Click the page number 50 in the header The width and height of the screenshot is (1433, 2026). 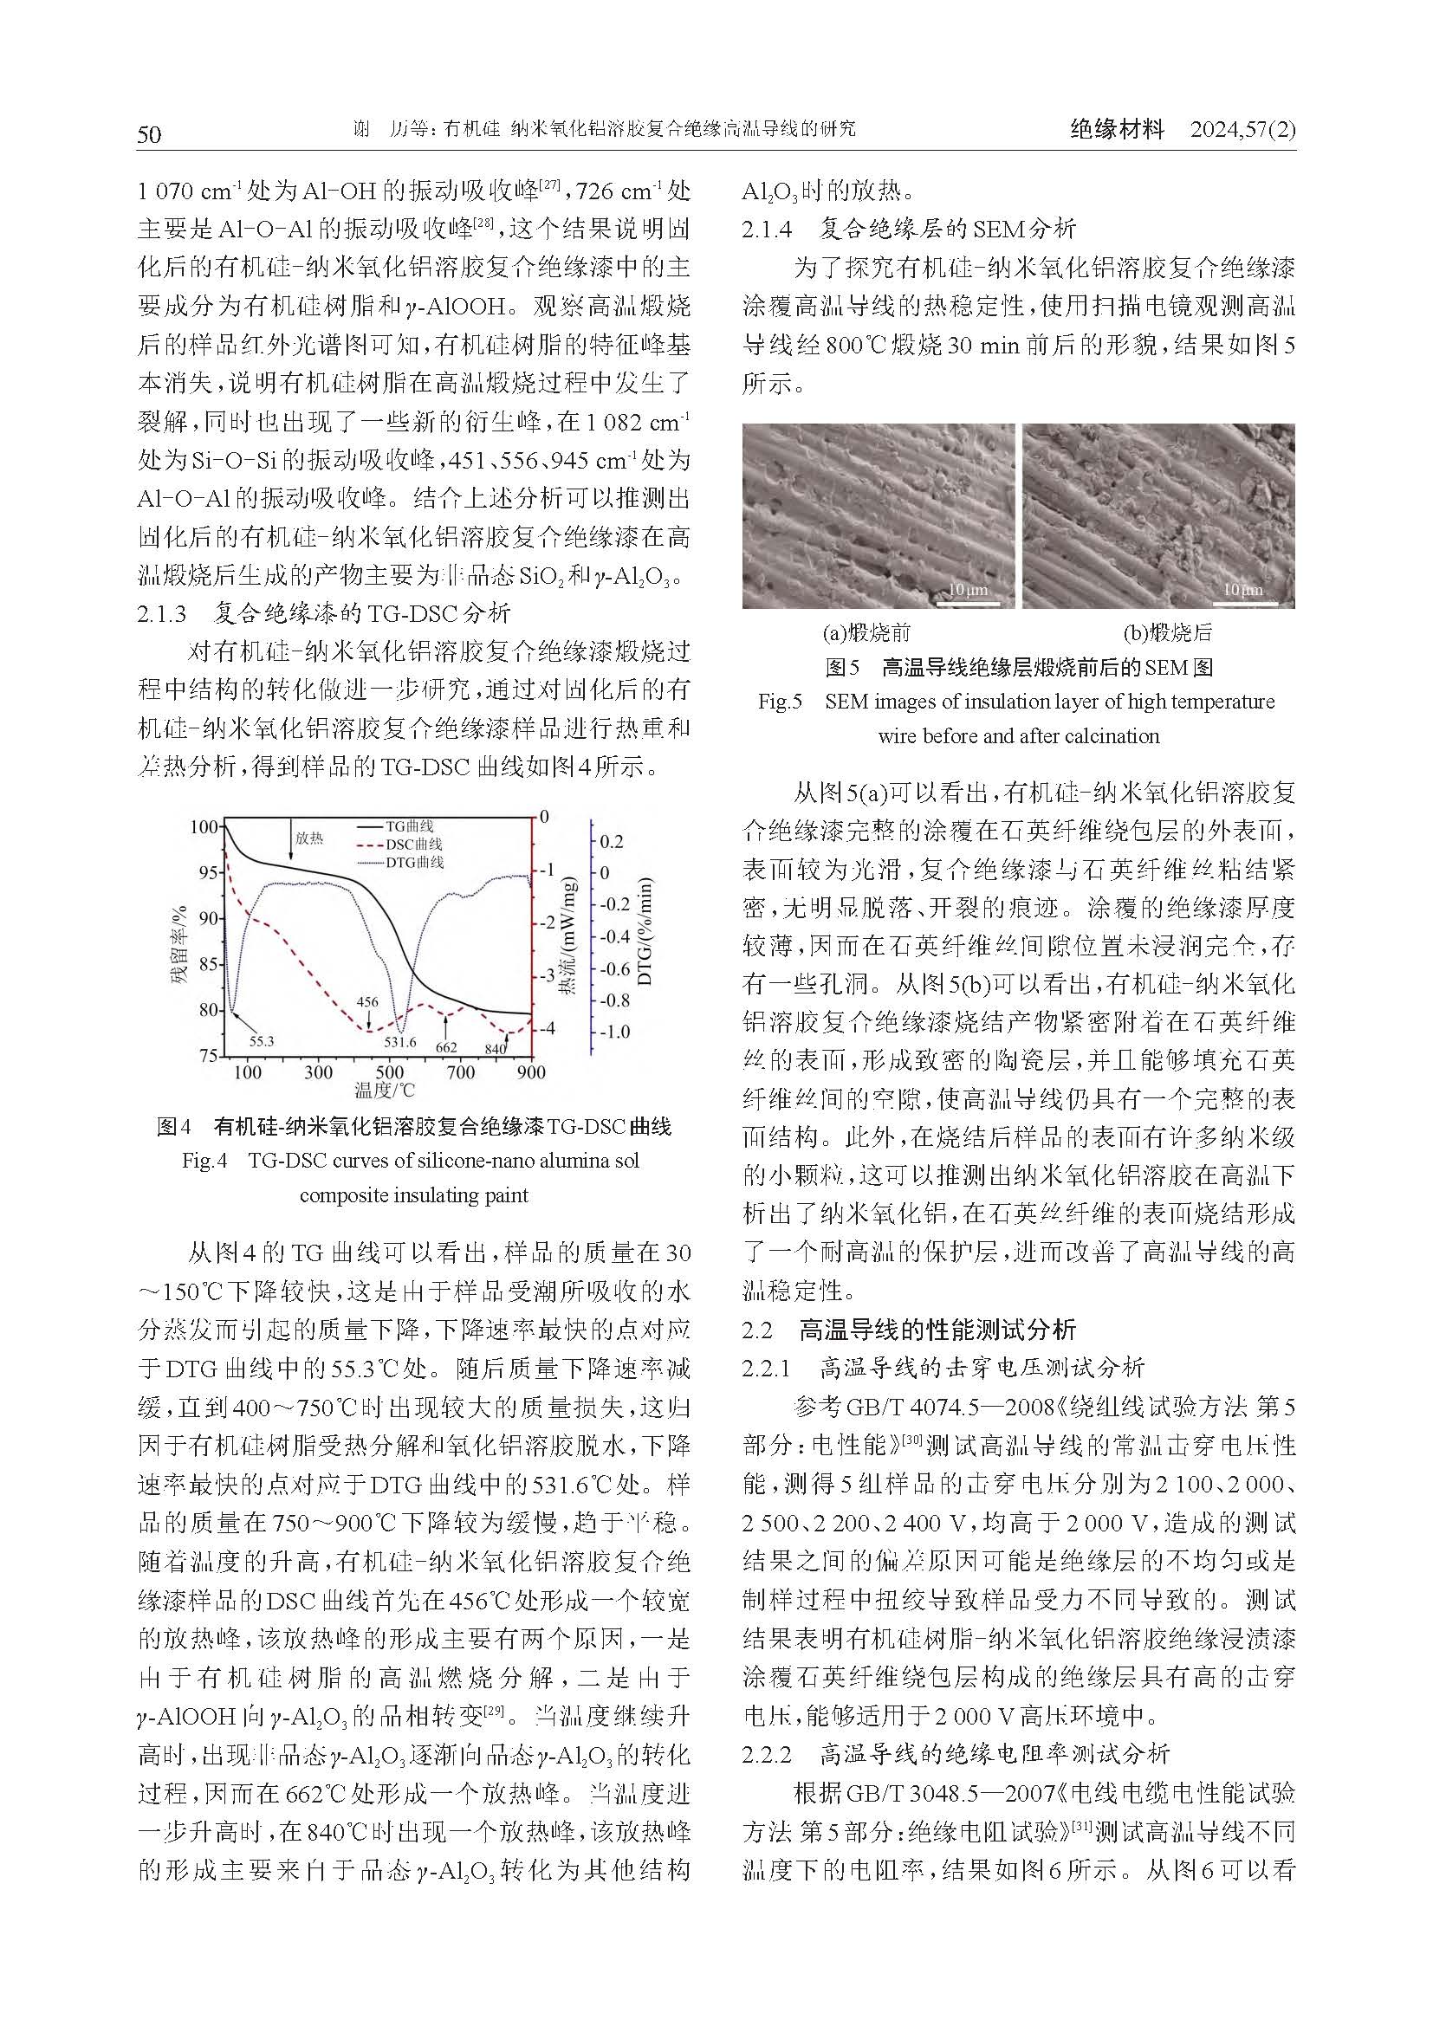(x=149, y=133)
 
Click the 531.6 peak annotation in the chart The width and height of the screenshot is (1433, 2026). (x=405, y=1041)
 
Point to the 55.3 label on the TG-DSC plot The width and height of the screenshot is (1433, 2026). (x=261, y=1041)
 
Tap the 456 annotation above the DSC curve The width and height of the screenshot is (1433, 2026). (x=367, y=1001)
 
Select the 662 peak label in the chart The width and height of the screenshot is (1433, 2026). (x=446, y=1047)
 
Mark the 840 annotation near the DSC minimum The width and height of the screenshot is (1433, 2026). (x=495, y=1048)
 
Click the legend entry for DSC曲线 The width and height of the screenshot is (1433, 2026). (x=414, y=845)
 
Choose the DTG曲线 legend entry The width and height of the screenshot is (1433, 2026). (x=414, y=862)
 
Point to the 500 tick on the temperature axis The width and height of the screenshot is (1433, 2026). (x=389, y=1072)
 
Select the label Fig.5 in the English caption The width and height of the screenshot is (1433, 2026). (x=779, y=702)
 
